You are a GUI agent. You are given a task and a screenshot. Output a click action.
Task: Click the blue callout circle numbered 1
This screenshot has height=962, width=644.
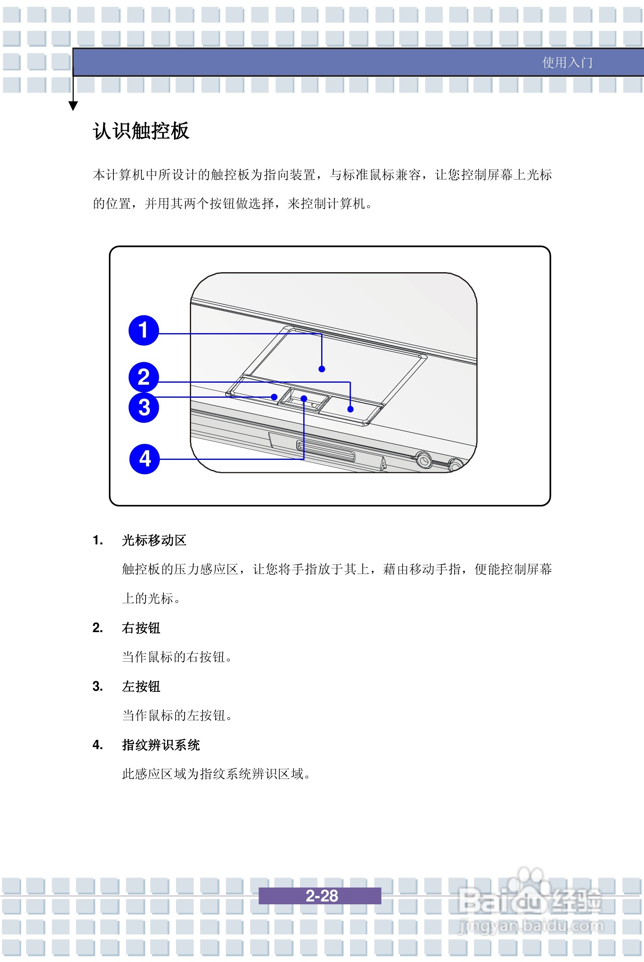(144, 330)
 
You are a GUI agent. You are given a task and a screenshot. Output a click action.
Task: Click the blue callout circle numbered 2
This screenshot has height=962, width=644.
(144, 377)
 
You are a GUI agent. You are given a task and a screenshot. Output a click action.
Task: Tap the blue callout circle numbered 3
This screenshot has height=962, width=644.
(144, 407)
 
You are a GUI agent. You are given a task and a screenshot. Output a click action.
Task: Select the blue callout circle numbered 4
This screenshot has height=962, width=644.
(144, 459)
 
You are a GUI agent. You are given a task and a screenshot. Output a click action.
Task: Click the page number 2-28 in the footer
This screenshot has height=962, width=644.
(321, 895)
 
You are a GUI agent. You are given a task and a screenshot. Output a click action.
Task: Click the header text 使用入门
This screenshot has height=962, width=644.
(567, 63)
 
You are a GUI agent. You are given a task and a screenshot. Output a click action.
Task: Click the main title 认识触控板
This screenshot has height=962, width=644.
(141, 131)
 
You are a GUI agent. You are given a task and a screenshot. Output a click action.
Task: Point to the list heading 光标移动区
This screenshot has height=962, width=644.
(154, 540)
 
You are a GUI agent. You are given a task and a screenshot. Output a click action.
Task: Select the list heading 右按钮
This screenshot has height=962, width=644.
(141, 628)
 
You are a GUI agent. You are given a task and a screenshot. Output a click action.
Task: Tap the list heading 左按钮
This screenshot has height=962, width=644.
(141, 686)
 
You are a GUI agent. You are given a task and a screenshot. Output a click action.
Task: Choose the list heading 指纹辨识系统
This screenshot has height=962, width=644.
(161, 745)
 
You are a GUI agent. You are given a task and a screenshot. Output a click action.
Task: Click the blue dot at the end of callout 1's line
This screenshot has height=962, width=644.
(322, 369)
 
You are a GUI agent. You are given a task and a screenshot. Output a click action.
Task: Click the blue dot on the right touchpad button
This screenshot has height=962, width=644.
(350, 409)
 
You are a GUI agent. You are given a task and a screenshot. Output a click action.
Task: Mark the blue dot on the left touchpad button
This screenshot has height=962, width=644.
(274, 397)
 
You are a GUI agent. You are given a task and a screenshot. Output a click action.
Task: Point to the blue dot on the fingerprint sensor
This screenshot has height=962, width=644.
(304, 399)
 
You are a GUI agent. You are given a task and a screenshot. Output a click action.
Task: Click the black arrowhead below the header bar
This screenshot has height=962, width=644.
(73, 106)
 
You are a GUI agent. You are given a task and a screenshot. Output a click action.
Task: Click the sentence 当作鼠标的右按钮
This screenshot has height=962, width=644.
(176, 656)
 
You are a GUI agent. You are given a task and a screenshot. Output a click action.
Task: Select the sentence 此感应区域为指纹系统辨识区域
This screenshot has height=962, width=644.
(216, 773)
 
